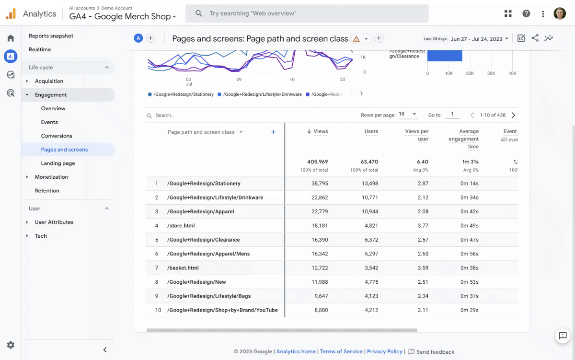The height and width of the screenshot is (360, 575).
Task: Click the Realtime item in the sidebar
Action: [x=40, y=49]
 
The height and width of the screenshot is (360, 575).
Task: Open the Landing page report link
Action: [x=58, y=163]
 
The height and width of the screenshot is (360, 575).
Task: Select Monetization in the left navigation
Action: [x=51, y=177]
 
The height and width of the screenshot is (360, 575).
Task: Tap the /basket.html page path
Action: [x=183, y=268]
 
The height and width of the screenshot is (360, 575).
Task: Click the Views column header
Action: [x=320, y=131]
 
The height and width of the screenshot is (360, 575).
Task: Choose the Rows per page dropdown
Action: [x=408, y=115]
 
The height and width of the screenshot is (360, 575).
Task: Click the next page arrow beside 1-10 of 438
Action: [x=513, y=115]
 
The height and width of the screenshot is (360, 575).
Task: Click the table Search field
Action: [x=192, y=116]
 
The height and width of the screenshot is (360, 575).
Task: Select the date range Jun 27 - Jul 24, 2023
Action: [x=479, y=39]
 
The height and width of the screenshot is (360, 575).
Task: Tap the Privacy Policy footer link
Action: [x=384, y=351]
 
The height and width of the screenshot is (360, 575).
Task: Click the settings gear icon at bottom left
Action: [x=11, y=345]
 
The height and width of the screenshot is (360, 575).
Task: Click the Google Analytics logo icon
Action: [x=11, y=14]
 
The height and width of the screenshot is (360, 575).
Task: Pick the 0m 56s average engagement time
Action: [x=469, y=254]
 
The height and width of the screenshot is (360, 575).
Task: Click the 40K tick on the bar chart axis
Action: [x=512, y=73]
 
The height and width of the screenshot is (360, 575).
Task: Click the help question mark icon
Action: [x=526, y=14]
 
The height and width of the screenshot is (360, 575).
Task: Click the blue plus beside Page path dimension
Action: [x=274, y=132]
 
